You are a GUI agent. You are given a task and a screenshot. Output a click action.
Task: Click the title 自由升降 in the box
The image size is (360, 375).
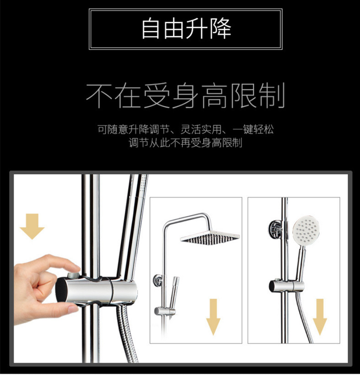pos(186,29)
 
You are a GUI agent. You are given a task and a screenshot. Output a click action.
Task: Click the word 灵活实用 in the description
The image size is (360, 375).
pos(211,130)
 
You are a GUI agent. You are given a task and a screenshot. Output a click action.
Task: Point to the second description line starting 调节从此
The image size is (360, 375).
pos(185,143)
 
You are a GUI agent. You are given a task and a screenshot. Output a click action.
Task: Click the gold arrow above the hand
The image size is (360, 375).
pos(32,226)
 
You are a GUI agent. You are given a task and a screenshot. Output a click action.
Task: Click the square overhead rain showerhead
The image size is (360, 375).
pos(210,238)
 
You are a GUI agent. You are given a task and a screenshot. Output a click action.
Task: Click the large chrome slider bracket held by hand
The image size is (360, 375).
pos(98,290)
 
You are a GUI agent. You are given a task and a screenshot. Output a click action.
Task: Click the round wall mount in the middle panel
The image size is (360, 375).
pos(157,279)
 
